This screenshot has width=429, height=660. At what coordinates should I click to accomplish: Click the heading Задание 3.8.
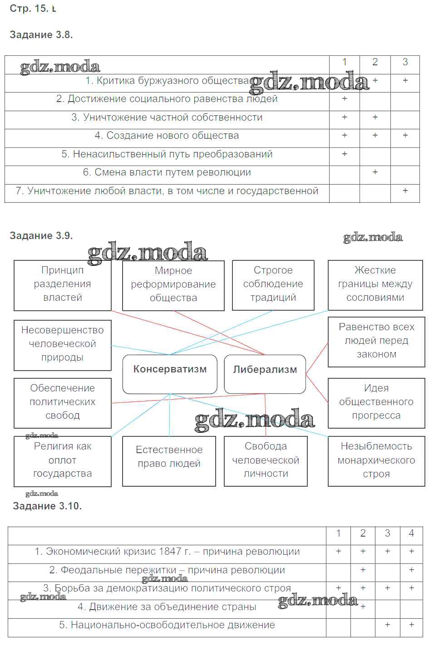click(x=41, y=35)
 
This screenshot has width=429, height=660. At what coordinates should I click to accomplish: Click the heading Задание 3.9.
click(x=41, y=236)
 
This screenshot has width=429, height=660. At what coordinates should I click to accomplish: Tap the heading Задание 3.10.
click(x=47, y=506)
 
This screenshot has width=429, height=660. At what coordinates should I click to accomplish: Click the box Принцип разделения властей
click(x=63, y=285)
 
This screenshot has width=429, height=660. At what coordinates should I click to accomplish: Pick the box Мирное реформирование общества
click(x=173, y=285)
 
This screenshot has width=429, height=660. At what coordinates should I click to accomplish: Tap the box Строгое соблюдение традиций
click(x=273, y=285)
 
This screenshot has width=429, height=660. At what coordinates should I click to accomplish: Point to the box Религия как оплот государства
click(x=63, y=461)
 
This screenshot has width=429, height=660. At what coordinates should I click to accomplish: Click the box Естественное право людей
click(x=169, y=461)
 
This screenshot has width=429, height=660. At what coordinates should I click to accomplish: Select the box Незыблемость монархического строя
click(x=376, y=461)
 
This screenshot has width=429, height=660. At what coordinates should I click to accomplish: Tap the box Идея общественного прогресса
click(x=376, y=403)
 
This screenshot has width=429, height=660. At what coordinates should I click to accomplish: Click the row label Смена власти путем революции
click(x=167, y=173)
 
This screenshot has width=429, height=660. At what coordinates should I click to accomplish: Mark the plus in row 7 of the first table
click(x=405, y=191)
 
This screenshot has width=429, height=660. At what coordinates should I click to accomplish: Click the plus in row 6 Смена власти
click(x=375, y=172)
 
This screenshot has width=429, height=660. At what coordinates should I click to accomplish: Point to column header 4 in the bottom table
click(x=411, y=534)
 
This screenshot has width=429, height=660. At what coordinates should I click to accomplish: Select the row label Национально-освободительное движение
click(x=167, y=626)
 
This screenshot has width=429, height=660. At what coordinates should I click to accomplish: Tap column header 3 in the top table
click(x=405, y=62)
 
